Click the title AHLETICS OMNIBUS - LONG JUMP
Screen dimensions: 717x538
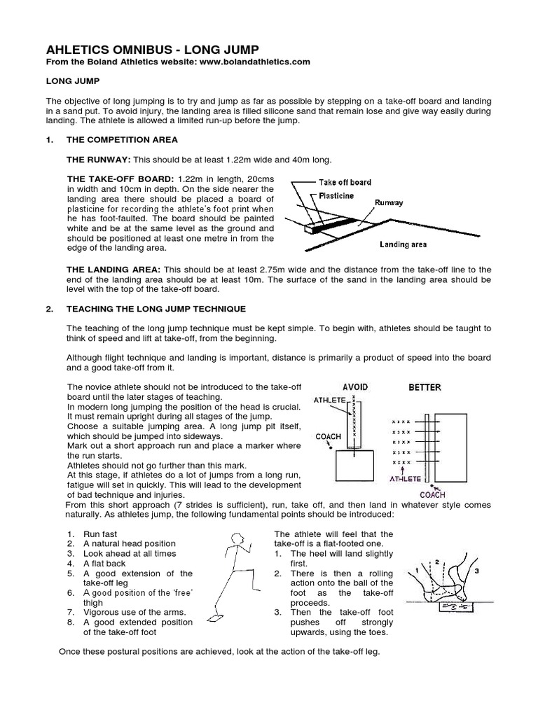[x=152, y=49]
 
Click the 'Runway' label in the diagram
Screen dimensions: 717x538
[x=389, y=203]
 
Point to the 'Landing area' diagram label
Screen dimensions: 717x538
[x=403, y=244]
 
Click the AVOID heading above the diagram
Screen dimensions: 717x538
[x=354, y=387]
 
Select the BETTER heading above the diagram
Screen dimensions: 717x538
[x=425, y=387]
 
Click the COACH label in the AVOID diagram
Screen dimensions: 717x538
[x=329, y=437]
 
